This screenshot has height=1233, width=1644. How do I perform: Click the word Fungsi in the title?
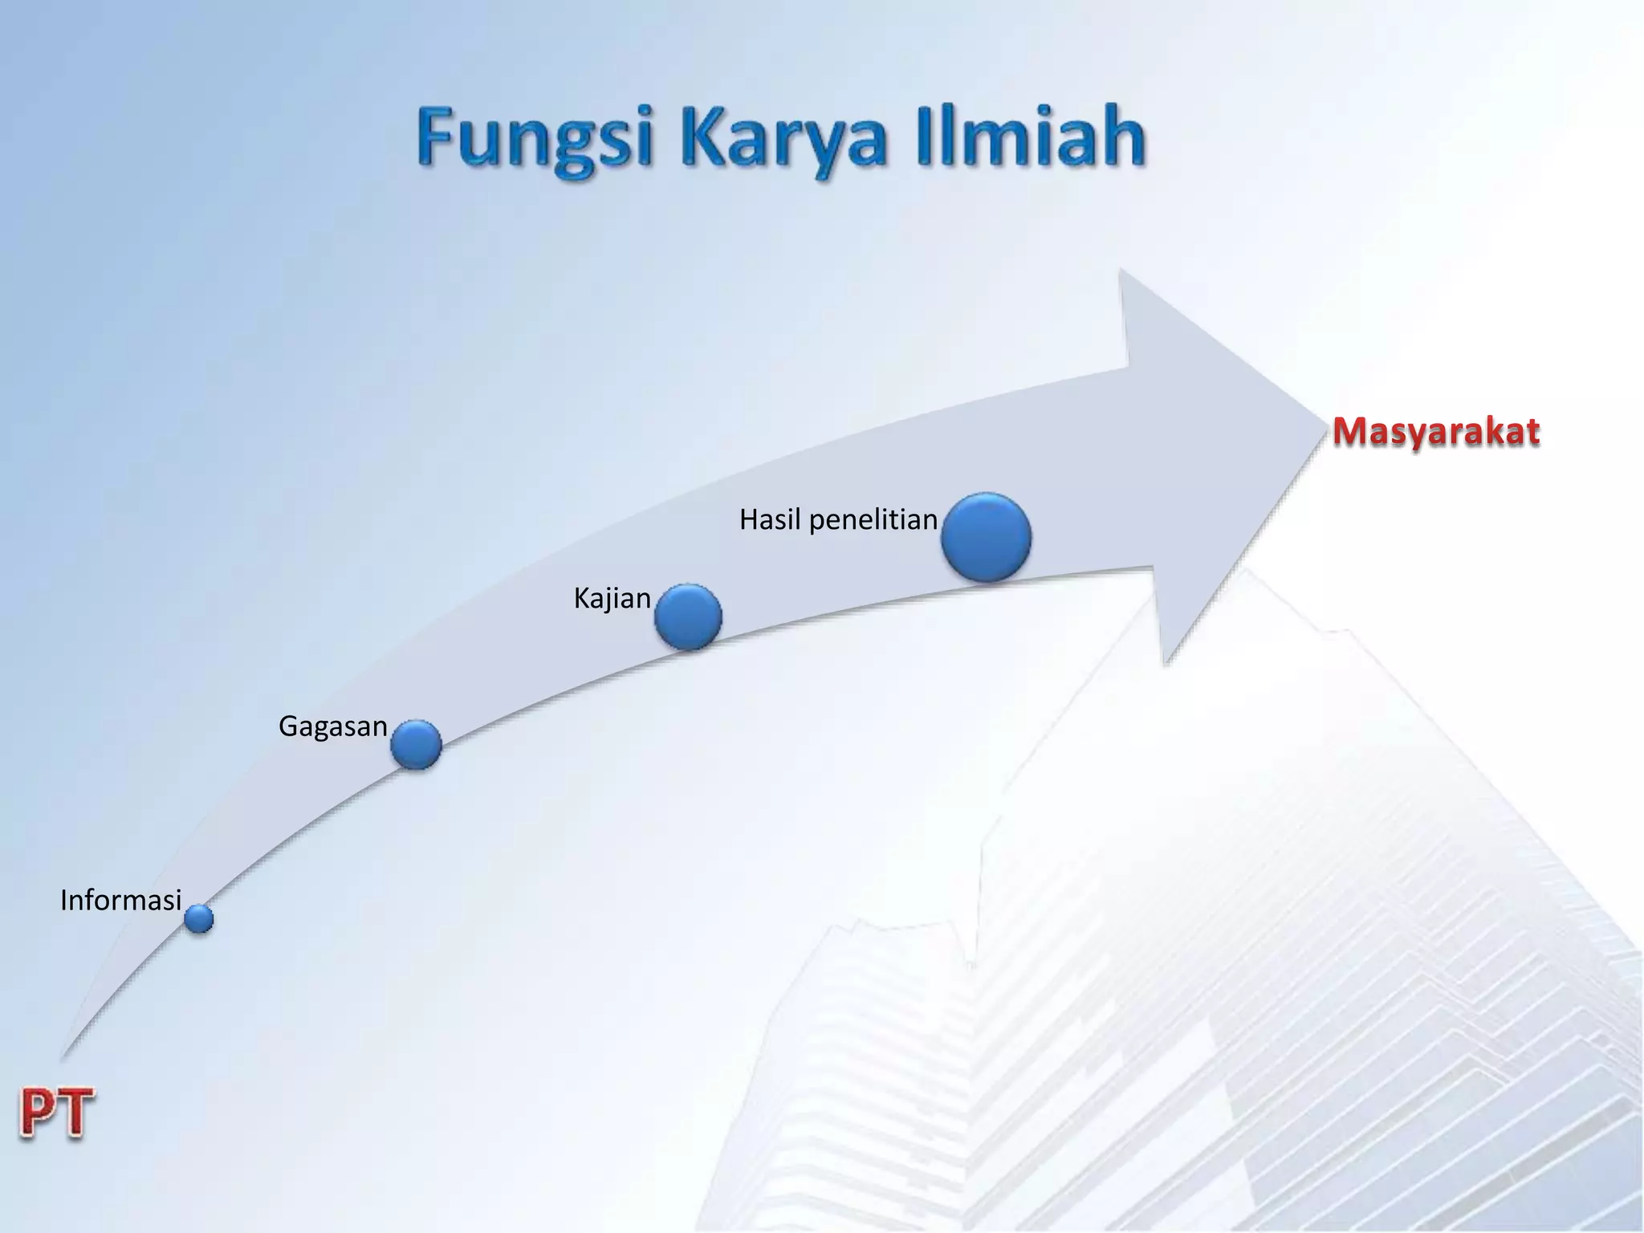pyautogui.click(x=533, y=140)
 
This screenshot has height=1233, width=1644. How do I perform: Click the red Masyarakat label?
pyautogui.click(x=1436, y=432)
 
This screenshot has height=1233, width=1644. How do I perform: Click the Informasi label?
pyautogui.click(x=121, y=901)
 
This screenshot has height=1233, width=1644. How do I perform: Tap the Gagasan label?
pyautogui.click(x=333, y=726)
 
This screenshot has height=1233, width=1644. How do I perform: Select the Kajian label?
pyautogui.click(x=612, y=599)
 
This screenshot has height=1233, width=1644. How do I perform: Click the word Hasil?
pyautogui.click(x=770, y=520)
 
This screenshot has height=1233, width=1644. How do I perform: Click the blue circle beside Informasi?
pyautogui.click(x=199, y=918)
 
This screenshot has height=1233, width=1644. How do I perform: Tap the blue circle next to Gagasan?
pyautogui.click(x=416, y=744)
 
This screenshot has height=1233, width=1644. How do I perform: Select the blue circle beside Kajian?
pyautogui.click(x=688, y=616)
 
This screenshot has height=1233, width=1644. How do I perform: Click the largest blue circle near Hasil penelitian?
pyautogui.click(x=987, y=537)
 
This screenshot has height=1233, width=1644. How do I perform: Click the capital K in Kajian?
pyautogui.click(x=581, y=598)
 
